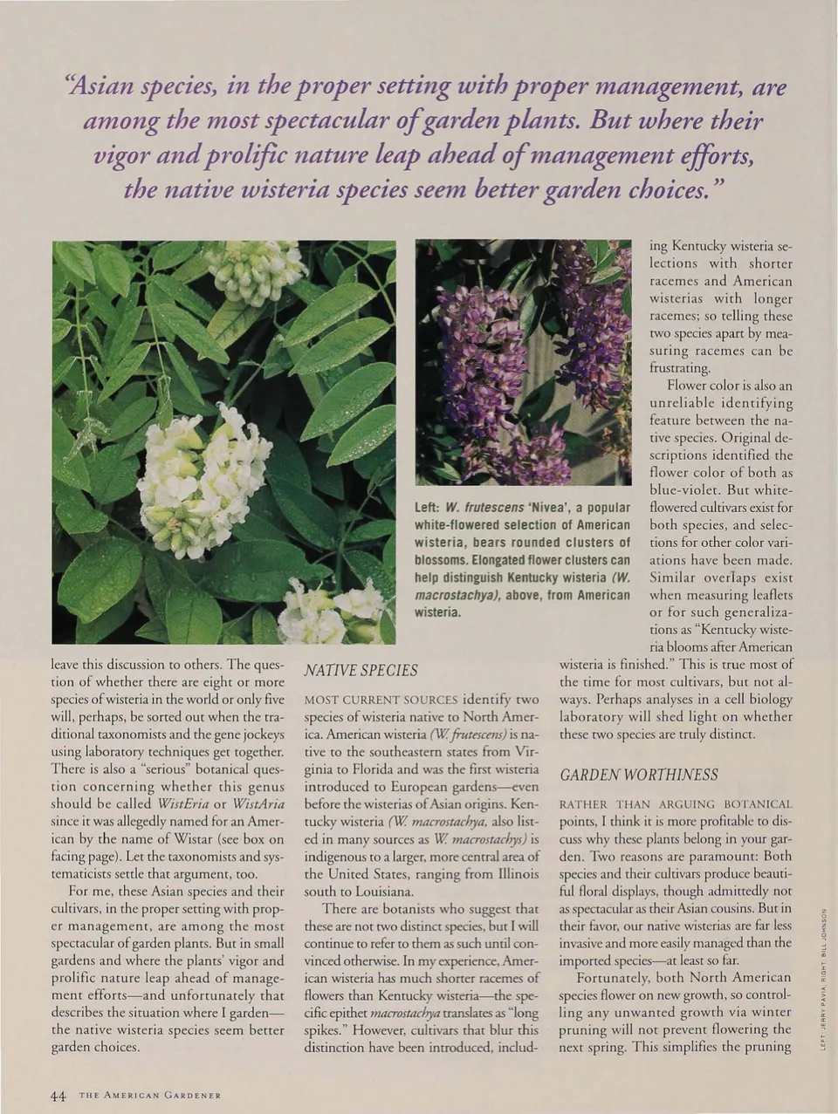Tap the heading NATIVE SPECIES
pos(360,670)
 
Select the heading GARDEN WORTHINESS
pos(639,775)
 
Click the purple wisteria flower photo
pos(522,362)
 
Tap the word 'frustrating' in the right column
pos(680,368)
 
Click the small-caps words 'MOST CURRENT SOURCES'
pos(380,700)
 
